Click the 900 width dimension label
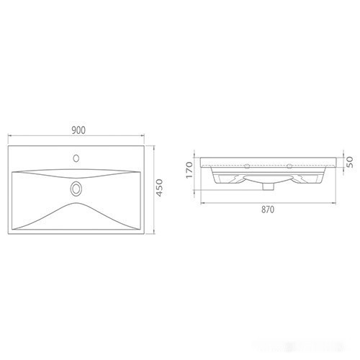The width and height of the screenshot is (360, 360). pos(78,130)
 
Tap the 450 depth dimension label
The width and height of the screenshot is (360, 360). pos(159,188)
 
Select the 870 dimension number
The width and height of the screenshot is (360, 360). pos(268,210)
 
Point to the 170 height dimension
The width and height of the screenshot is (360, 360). pos(189,170)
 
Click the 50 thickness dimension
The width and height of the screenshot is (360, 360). pos(349,162)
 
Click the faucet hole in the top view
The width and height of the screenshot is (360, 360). pos(76,158)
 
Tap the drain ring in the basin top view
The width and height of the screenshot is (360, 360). pos(76,189)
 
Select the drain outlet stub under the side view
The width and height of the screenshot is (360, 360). pos(269,186)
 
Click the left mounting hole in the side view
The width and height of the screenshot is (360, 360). pos(247,166)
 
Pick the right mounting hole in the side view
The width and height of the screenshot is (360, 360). pos(289,166)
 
